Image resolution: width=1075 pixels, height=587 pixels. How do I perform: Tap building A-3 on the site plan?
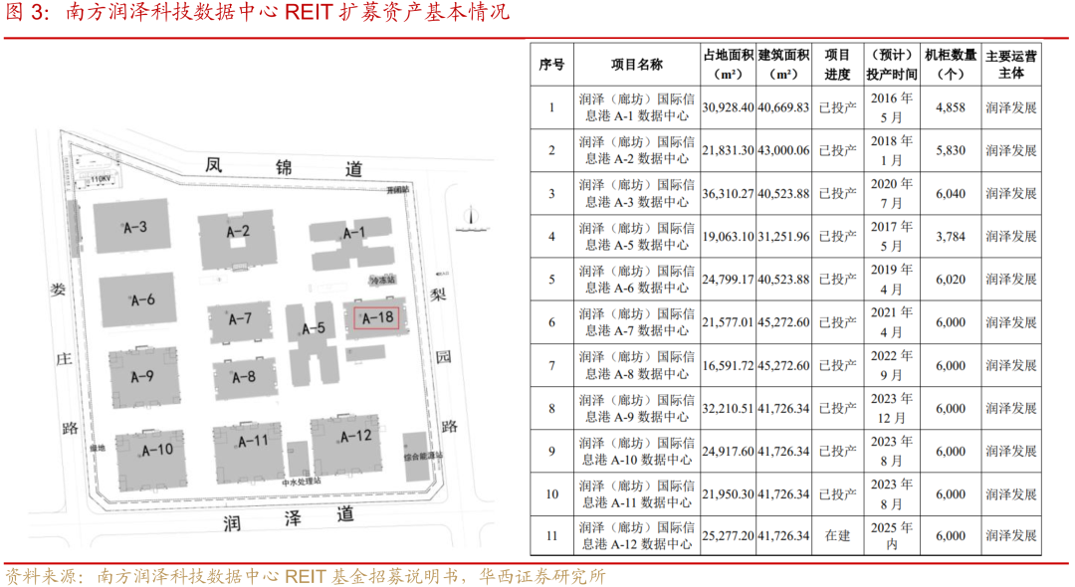(135, 228)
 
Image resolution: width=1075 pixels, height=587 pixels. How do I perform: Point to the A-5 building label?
(314, 329)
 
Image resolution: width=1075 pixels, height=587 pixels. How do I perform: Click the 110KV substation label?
(98, 178)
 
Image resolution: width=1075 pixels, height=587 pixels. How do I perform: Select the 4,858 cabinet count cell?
(951, 107)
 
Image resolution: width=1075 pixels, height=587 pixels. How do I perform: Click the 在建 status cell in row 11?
(837, 535)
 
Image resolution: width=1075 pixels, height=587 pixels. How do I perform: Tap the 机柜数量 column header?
(951, 65)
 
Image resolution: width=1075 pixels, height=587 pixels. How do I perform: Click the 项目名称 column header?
(636, 65)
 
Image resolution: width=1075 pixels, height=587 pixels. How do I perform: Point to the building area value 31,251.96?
(783, 236)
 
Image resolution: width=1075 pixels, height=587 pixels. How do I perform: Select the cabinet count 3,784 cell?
(951, 236)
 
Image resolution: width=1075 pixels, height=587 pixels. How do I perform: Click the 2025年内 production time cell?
(891, 535)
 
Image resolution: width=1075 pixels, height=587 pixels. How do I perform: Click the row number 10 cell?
(551, 493)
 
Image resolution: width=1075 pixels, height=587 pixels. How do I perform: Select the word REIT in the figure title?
(310, 13)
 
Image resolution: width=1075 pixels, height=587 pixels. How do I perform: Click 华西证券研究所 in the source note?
(542, 576)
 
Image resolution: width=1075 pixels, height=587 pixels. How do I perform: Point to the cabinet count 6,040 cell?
(951, 193)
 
